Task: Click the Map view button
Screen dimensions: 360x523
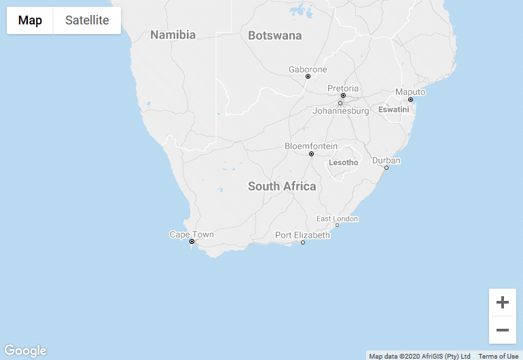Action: point(30,20)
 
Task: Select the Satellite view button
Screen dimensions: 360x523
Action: point(87,20)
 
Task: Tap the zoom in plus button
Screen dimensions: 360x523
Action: point(503,302)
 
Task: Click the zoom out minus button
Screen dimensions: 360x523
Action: point(503,330)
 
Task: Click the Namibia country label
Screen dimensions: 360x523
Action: point(173,35)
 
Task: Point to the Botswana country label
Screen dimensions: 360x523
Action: point(274,35)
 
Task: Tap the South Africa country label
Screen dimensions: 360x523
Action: point(281,186)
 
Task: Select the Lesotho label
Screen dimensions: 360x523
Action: point(343,162)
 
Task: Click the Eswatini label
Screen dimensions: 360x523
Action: point(394,109)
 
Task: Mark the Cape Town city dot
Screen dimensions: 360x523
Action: point(192,242)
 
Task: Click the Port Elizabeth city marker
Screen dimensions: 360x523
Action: point(303,242)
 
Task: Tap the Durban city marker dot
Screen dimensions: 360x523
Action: point(386,168)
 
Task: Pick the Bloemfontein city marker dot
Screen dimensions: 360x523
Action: point(311,154)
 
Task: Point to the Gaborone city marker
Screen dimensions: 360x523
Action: point(308,77)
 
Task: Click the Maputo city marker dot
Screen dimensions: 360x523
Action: point(410,100)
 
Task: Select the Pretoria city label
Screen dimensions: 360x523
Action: point(343,88)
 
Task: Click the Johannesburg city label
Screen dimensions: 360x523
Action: point(340,111)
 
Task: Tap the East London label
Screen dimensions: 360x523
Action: point(337,219)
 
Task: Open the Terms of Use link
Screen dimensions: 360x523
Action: point(498,356)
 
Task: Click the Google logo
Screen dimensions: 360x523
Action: point(25,350)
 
